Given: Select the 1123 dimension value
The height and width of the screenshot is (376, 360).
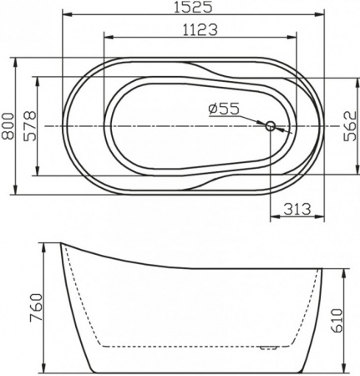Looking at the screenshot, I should tap(200, 30).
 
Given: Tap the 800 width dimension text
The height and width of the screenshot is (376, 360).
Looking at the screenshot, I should tap(8, 126).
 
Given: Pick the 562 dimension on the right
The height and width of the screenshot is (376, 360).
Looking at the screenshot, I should tap(351, 126).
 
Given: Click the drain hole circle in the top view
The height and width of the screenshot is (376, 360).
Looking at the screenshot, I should tap(270, 127).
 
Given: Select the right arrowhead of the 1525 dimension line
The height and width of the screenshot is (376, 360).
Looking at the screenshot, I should tap(321, 15).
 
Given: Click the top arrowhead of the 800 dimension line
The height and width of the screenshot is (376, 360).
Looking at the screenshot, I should tap(16, 60).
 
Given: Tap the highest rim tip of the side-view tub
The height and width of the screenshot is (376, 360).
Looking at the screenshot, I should tap(62, 244).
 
